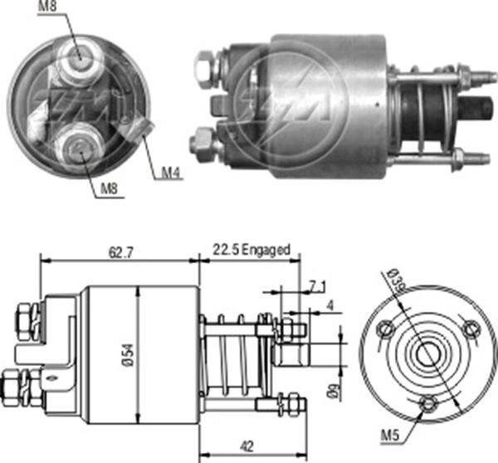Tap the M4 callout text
tap(170, 173)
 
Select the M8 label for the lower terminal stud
tap(109, 189)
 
